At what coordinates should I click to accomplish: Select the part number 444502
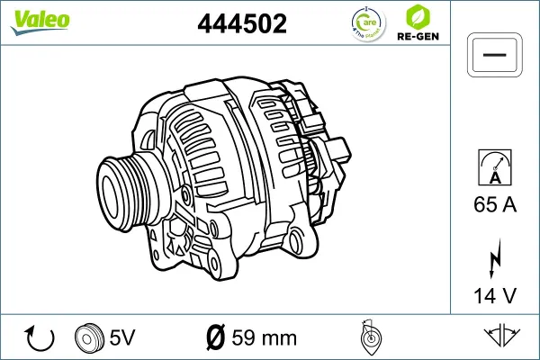tap(242, 25)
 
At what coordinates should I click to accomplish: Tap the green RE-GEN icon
tap(417, 17)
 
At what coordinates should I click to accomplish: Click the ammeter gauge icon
tap(494, 168)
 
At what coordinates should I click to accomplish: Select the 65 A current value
tap(494, 205)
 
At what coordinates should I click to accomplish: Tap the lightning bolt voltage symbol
tap(494, 256)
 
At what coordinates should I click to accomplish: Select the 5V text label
tap(121, 338)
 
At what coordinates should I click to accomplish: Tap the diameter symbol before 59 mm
tap(216, 338)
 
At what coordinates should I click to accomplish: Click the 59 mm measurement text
tap(264, 338)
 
